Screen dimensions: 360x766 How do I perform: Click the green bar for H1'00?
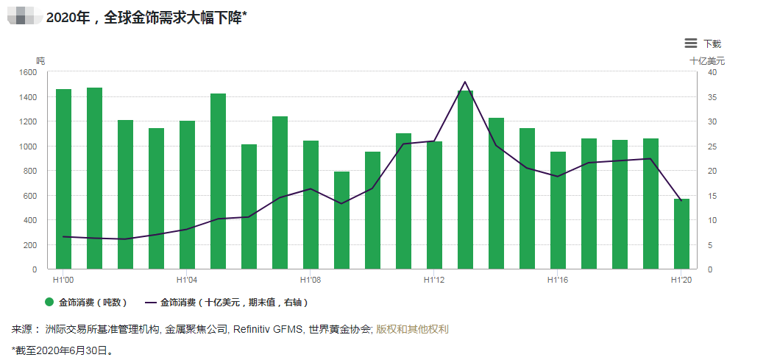point(63,179)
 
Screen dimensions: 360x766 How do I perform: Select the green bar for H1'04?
point(187,195)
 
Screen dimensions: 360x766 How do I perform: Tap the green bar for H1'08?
point(311,205)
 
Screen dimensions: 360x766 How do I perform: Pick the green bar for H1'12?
point(434,205)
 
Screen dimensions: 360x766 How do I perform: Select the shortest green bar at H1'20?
point(681,234)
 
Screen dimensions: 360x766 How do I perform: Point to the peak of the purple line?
point(465,82)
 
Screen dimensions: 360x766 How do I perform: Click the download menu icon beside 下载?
point(690,43)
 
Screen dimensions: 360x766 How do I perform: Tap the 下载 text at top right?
point(712,44)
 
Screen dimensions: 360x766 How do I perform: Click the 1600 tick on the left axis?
point(27,72)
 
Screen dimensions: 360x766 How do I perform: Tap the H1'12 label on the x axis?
point(434,280)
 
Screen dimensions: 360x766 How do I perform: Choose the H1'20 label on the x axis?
point(681,280)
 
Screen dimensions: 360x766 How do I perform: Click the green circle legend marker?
point(49,303)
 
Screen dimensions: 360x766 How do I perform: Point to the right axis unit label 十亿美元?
point(706,60)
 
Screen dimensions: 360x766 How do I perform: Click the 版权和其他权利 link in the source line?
point(412,329)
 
